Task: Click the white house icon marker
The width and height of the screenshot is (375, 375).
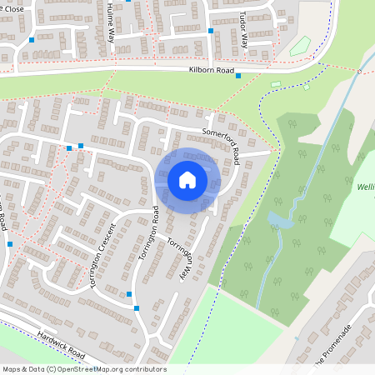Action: [x=187, y=179]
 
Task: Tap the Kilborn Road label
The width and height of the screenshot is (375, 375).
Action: [x=212, y=70]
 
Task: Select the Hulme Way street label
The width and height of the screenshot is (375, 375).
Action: [x=111, y=22]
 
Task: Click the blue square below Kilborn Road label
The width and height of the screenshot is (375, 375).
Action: [x=238, y=76]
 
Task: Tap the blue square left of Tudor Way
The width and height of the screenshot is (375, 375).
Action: [x=211, y=31]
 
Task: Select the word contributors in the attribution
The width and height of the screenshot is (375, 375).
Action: [x=144, y=369]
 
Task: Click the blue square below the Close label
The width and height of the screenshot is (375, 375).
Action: [x=32, y=40]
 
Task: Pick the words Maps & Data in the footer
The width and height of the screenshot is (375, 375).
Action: [x=22, y=369]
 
